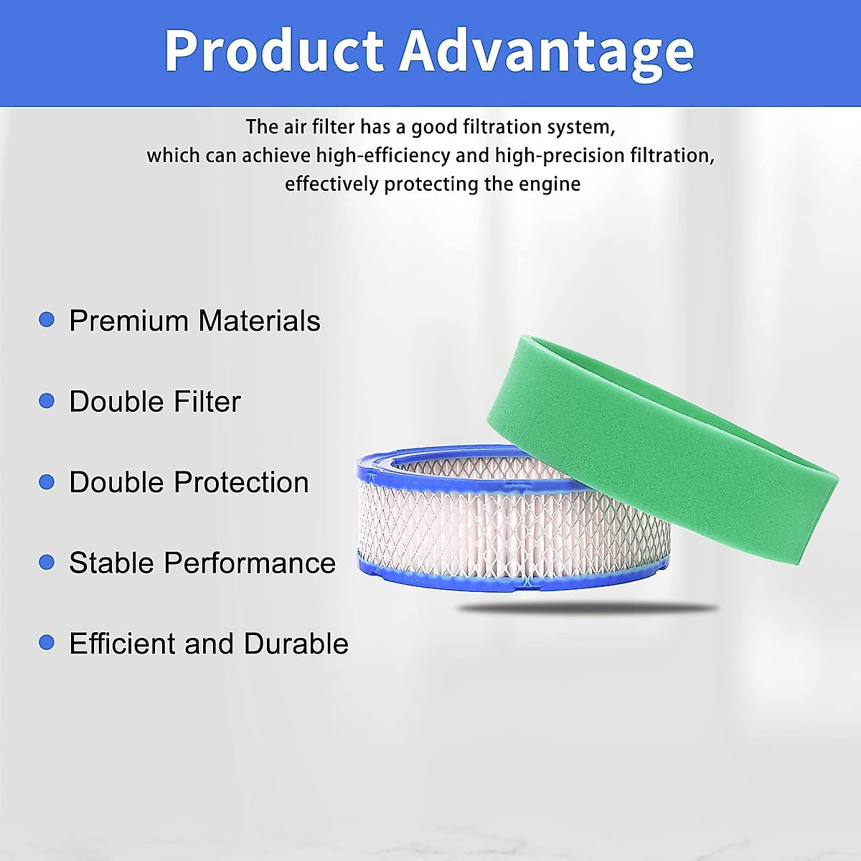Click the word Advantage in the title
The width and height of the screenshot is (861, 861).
[x=547, y=52]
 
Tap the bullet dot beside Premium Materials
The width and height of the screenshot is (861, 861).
[x=47, y=319]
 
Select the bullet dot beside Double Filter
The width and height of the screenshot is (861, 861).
[x=47, y=400]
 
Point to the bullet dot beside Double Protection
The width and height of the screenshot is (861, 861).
[x=47, y=481]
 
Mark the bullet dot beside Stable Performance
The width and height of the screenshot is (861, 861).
[x=47, y=562]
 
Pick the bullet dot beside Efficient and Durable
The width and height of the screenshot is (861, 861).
[x=47, y=642]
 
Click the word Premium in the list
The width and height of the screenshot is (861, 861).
[x=128, y=321]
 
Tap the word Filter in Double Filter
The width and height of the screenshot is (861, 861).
[x=209, y=402]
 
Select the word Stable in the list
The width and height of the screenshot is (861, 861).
[x=112, y=563]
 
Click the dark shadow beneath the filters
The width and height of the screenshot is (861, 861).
[x=588, y=608]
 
